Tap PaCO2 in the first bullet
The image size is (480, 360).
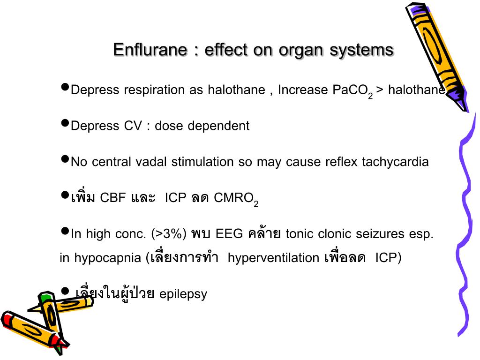point(352,90)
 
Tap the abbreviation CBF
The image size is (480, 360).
point(112,197)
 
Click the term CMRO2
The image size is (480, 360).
point(236,198)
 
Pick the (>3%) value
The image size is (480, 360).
point(169,234)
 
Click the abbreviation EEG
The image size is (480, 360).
point(228,234)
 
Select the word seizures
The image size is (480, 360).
point(381,234)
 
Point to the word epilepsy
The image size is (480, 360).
point(183,294)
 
